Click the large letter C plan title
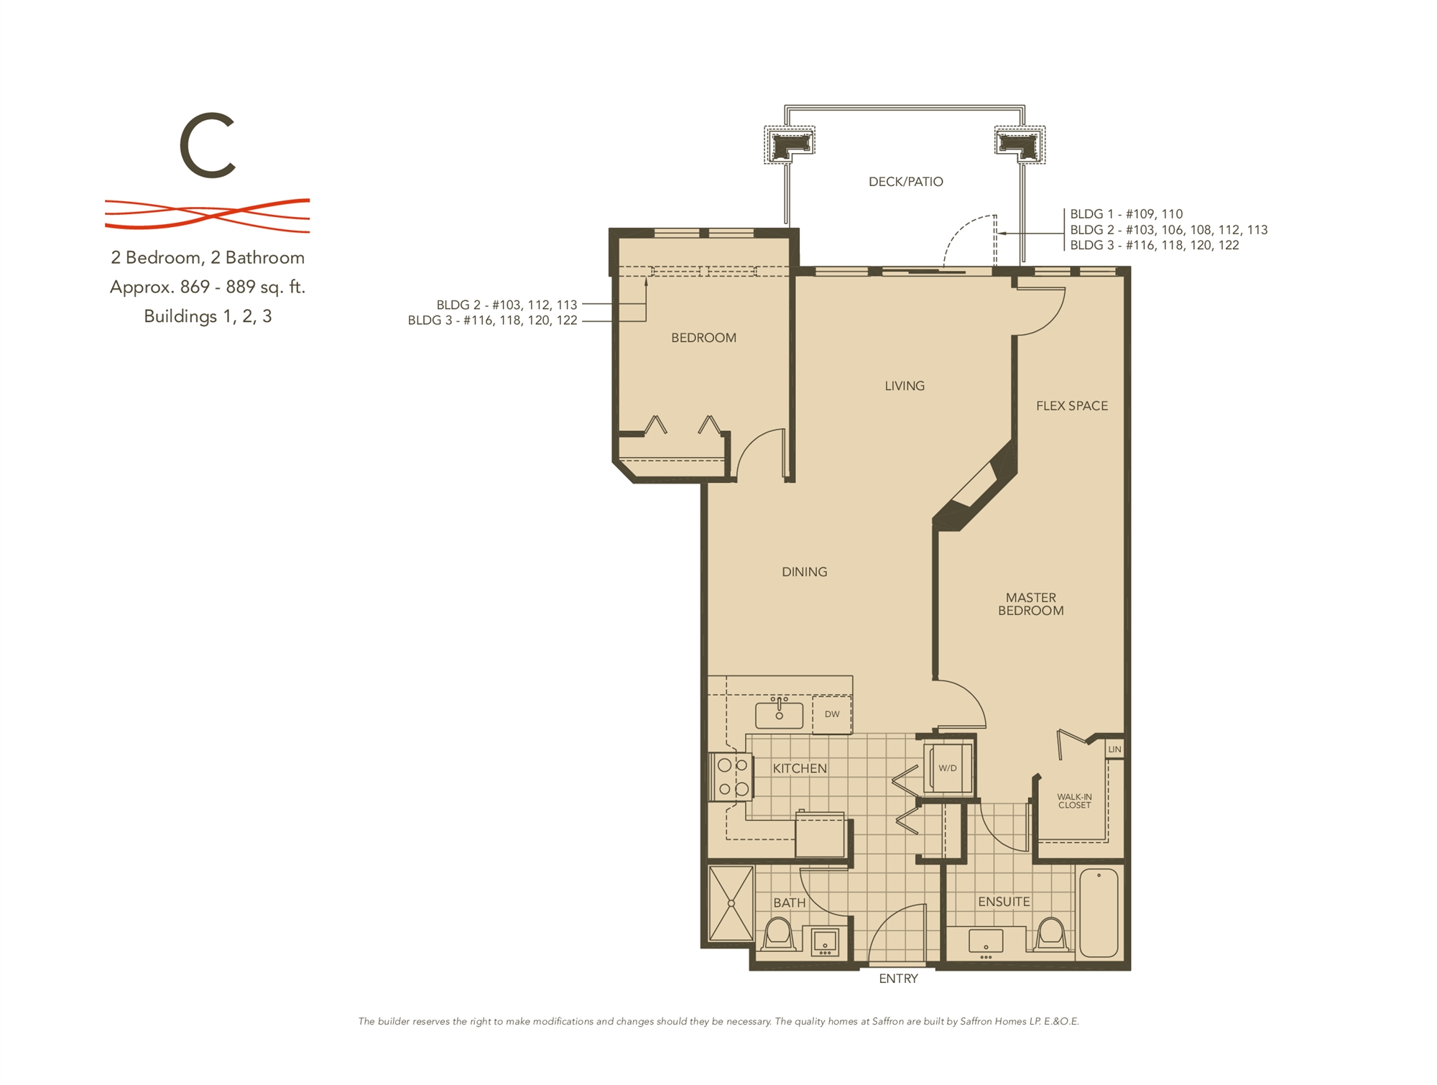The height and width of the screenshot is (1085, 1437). pos(208,146)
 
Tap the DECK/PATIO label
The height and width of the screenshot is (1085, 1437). pos(905,182)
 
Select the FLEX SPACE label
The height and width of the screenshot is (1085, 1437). pos(1071,406)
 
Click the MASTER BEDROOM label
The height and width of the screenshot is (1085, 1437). pos(1030,604)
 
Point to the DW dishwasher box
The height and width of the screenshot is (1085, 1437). pos(832,714)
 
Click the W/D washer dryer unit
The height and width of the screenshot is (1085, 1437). pos(948,768)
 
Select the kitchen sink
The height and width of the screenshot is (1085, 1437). pos(779,715)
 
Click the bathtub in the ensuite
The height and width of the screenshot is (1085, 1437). pos(1099,913)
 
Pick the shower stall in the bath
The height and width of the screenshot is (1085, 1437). pos(731,903)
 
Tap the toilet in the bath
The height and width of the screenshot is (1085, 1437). pos(778,934)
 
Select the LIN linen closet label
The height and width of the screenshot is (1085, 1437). pos(1114,749)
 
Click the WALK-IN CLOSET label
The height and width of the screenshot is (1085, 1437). pos(1074,801)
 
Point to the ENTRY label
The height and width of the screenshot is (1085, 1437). pos(898,979)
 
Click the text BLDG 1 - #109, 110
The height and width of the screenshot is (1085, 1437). pos(1126,214)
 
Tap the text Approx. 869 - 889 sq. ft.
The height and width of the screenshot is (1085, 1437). pos(208,287)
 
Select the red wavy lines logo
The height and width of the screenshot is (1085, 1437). pos(208,214)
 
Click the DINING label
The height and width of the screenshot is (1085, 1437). pos(804,572)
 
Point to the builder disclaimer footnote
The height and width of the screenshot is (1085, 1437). pos(718,1021)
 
